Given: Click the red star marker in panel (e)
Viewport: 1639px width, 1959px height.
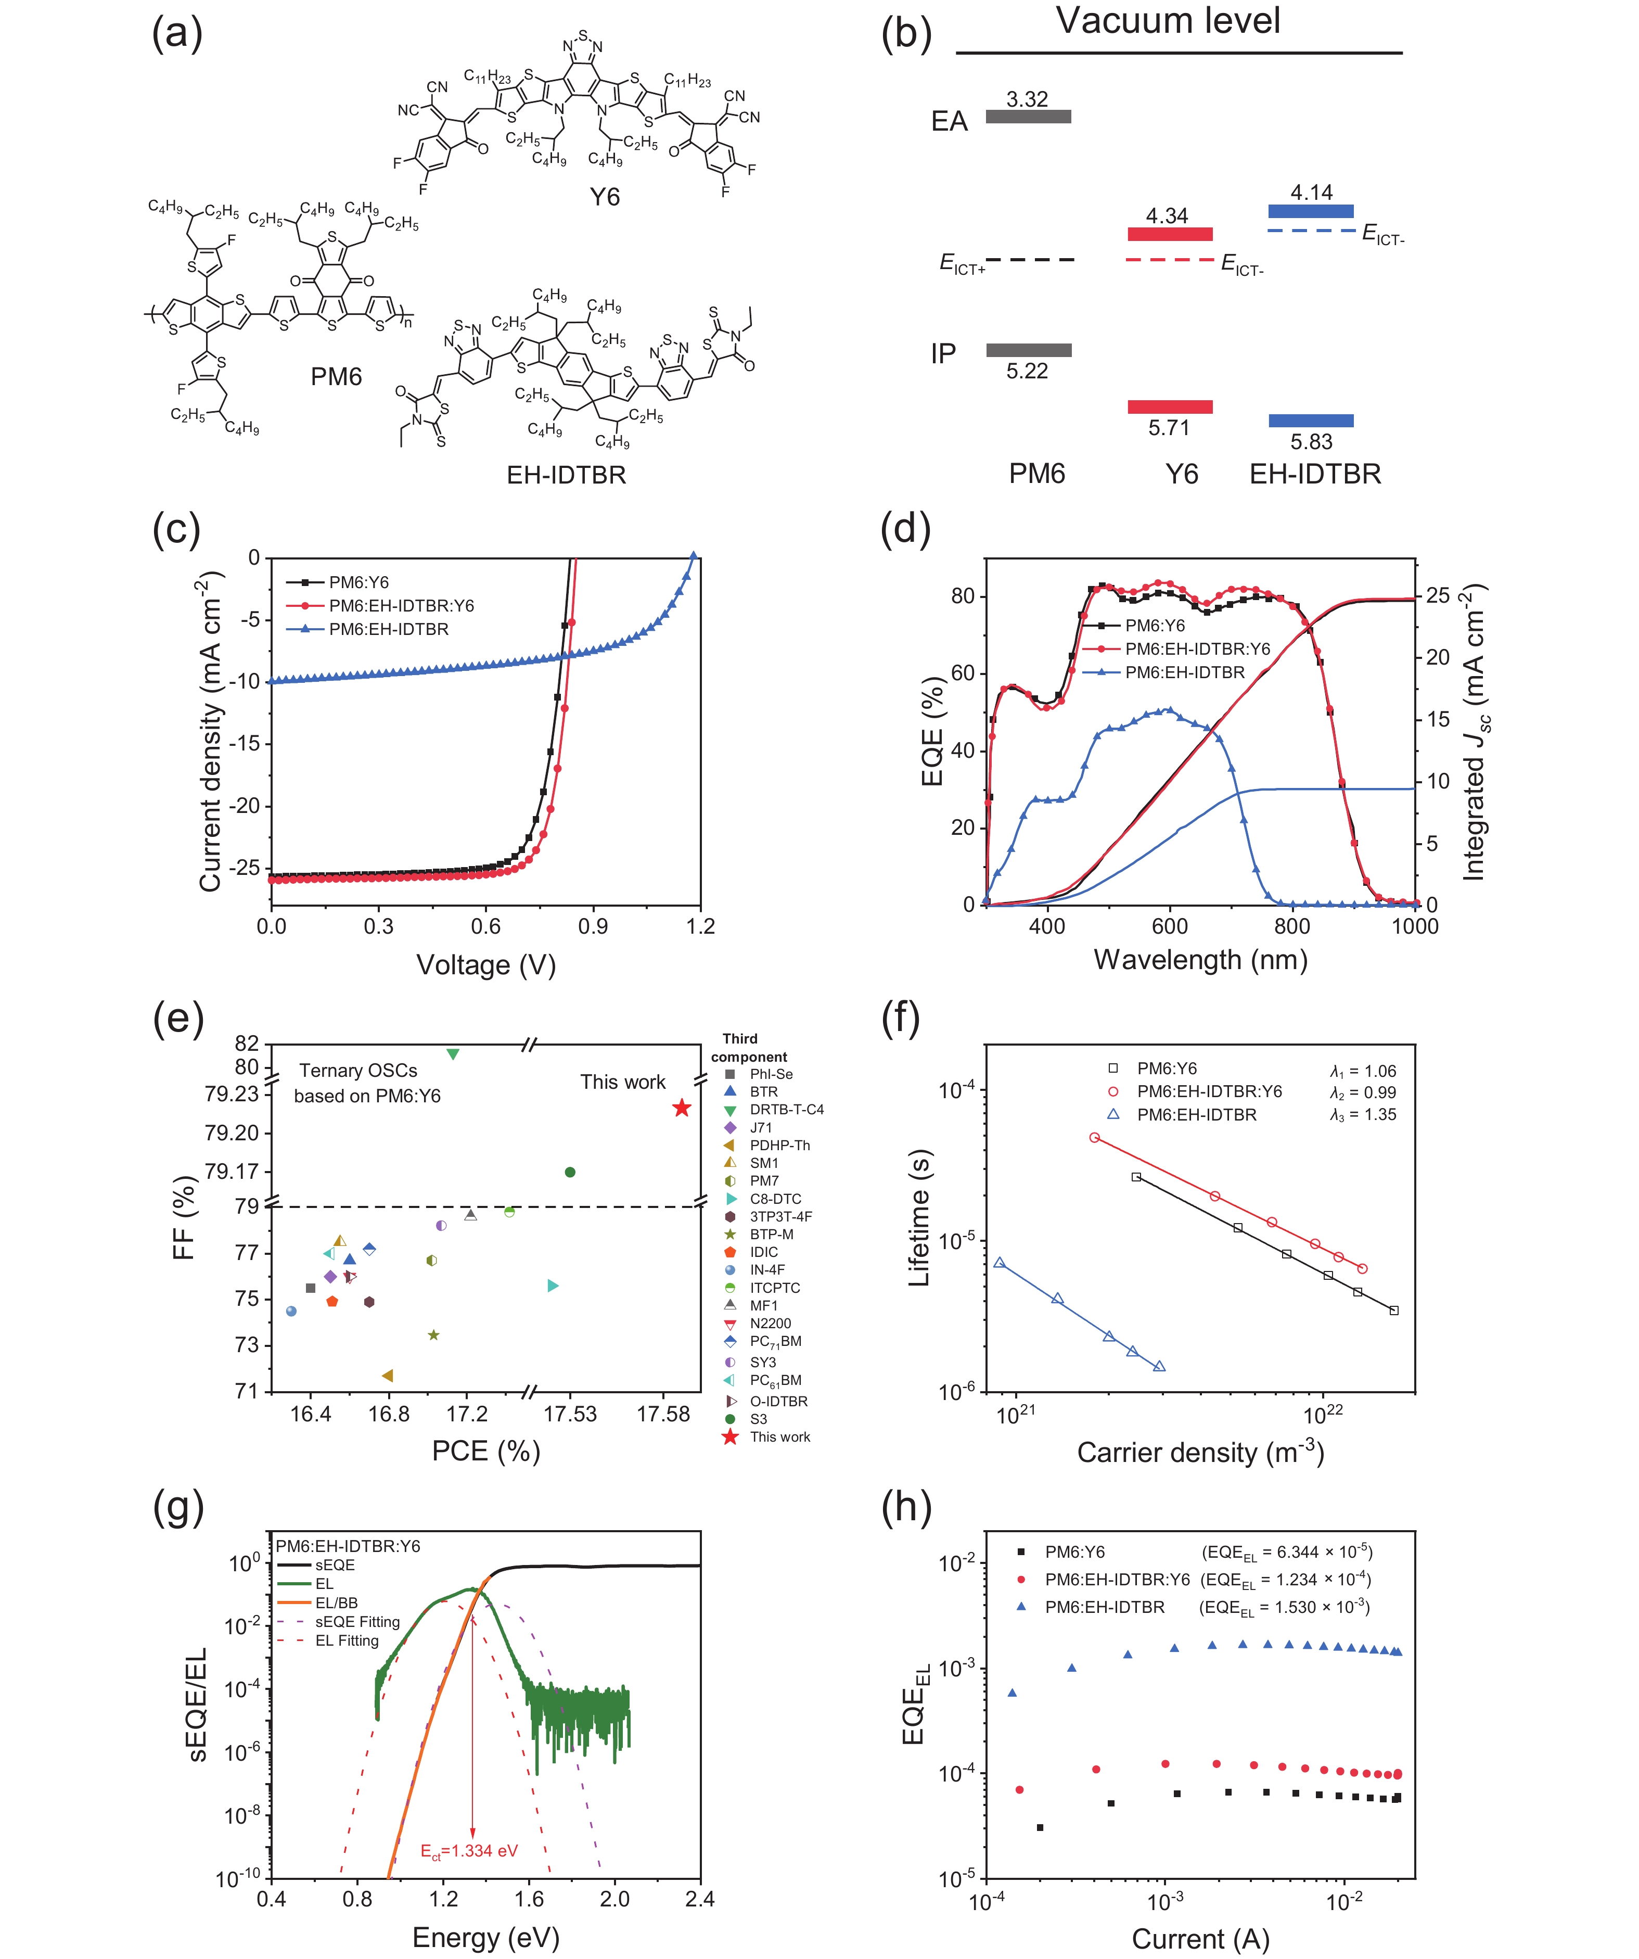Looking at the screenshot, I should pyautogui.click(x=682, y=1108).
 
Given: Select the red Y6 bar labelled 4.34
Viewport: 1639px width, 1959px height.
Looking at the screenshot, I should pyautogui.click(x=1170, y=234).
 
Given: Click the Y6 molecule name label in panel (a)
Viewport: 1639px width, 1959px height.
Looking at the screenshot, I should pyautogui.click(x=605, y=197).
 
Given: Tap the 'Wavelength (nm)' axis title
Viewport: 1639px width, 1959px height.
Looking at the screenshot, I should pyautogui.click(x=1200, y=960).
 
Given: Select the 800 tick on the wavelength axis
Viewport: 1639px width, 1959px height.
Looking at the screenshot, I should pyautogui.click(x=1292, y=926).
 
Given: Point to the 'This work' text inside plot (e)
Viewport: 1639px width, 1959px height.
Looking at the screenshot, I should pyautogui.click(x=622, y=1082).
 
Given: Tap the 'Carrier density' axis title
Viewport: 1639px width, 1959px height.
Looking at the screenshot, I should pyautogui.click(x=1200, y=1453).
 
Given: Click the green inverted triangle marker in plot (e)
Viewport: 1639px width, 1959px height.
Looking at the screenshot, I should pyautogui.click(x=453, y=1054).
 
